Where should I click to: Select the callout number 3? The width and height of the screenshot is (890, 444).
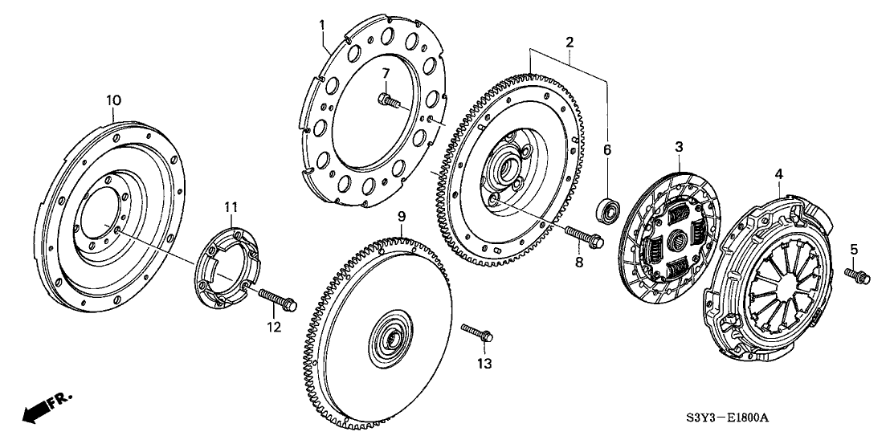point(679,147)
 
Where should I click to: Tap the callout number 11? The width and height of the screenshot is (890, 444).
point(231,209)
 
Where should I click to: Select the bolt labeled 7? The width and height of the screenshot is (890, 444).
point(389,101)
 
